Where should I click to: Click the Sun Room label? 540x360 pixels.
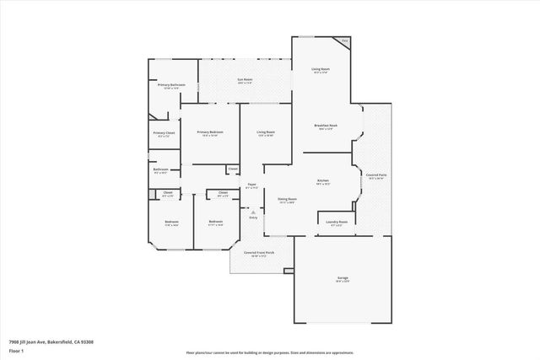coord(246,79)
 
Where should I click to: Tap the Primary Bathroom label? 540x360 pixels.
coord(171,85)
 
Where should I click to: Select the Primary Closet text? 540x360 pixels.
coord(164,133)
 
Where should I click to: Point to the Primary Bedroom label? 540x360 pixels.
coord(210,132)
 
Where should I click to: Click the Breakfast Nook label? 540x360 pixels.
coord(326,126)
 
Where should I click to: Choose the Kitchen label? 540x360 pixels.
coord(322,181)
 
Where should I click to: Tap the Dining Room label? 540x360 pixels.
coord(287,200)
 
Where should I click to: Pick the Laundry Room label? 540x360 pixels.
coord(337,223)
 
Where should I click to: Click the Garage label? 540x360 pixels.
coord(343,278)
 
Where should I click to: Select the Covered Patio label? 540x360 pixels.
coord(376,175)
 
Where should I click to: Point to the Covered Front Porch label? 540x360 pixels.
coord(256,253)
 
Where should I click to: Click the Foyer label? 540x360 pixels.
coord(251,185)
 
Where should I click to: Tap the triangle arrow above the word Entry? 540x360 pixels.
coord(252,212)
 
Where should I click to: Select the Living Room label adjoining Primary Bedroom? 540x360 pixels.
coord(267,132)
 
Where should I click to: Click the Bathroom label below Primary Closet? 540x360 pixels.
coord(160,169)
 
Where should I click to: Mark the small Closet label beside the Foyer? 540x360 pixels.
coord(232,169)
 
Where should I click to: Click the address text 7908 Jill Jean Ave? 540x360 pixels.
coord(51,341)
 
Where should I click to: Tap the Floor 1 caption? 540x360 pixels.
coord(17,350)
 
